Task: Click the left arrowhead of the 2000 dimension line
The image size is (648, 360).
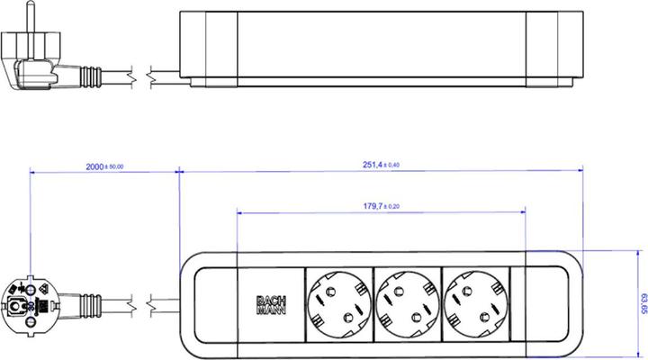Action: (x=32, y=171)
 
